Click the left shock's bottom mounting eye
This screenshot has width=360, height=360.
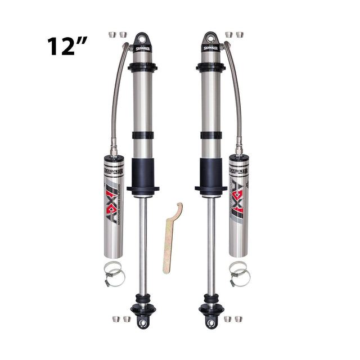click(143, 322)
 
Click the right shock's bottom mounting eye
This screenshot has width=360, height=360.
click(211, 322)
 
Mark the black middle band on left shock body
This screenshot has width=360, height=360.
click(143, 135)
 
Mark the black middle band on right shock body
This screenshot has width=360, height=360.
click(211, 135)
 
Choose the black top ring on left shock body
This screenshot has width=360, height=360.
click(143, 67)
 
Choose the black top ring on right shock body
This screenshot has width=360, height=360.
click(211, 67)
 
